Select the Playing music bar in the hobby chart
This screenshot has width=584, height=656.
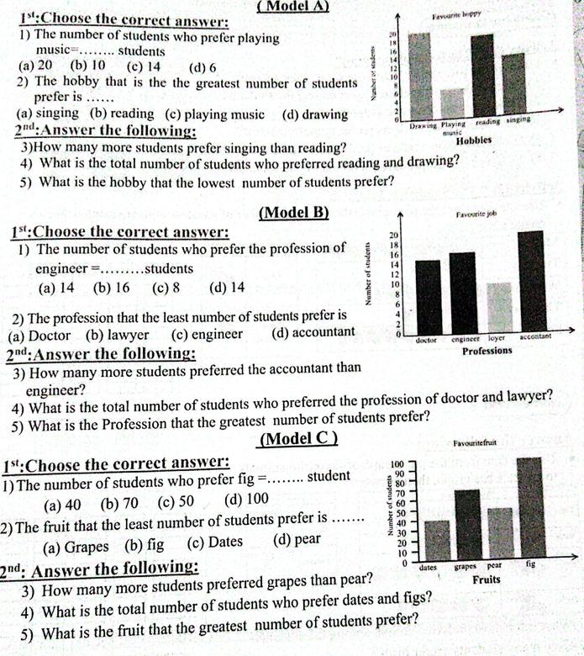coord(452,104)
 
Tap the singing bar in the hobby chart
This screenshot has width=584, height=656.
coord(513,87)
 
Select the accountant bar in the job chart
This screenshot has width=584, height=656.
coord(532,281)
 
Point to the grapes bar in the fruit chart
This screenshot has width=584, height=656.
coord(467,526)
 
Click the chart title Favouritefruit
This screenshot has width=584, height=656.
coord(476,443)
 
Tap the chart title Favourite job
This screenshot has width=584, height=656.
coord(476,214)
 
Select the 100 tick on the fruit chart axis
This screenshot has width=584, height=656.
coord(398,463)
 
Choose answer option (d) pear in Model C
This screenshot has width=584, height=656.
coord(297,542)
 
